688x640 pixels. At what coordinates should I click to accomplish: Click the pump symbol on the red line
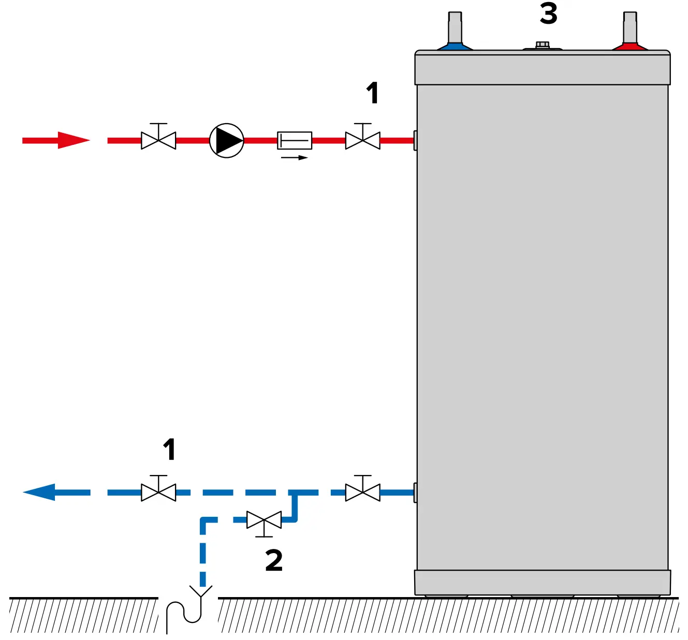point(226,140)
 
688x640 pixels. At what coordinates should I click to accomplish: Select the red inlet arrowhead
point(72,140)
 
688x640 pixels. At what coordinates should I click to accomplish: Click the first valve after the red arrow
point(158,140)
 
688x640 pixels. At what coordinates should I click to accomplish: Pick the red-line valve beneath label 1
point(362,140)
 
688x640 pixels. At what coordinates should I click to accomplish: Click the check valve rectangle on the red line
point(295,140)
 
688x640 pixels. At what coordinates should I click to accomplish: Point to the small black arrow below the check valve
point(295,157)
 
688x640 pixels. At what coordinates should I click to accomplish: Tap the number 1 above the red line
point(372,93)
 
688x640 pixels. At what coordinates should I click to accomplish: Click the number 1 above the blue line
point(169,449)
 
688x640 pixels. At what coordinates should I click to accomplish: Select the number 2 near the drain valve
point(274,560)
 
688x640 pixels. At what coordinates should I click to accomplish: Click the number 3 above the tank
point(548,14)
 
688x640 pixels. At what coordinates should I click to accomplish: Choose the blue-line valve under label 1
point(158,492)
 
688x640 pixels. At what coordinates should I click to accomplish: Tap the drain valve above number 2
point(264,520)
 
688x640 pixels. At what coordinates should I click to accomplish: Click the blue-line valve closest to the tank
point(362,492)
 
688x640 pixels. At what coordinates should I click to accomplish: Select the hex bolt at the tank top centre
point(542,46)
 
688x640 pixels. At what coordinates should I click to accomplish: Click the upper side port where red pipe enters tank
point(415,140)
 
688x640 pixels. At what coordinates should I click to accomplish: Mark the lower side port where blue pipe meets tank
point(415,492)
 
